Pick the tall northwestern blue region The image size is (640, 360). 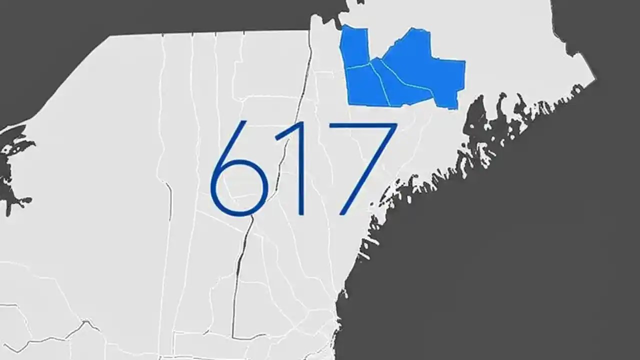coord(354,47)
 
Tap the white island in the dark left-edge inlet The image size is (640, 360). coord(6,149)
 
